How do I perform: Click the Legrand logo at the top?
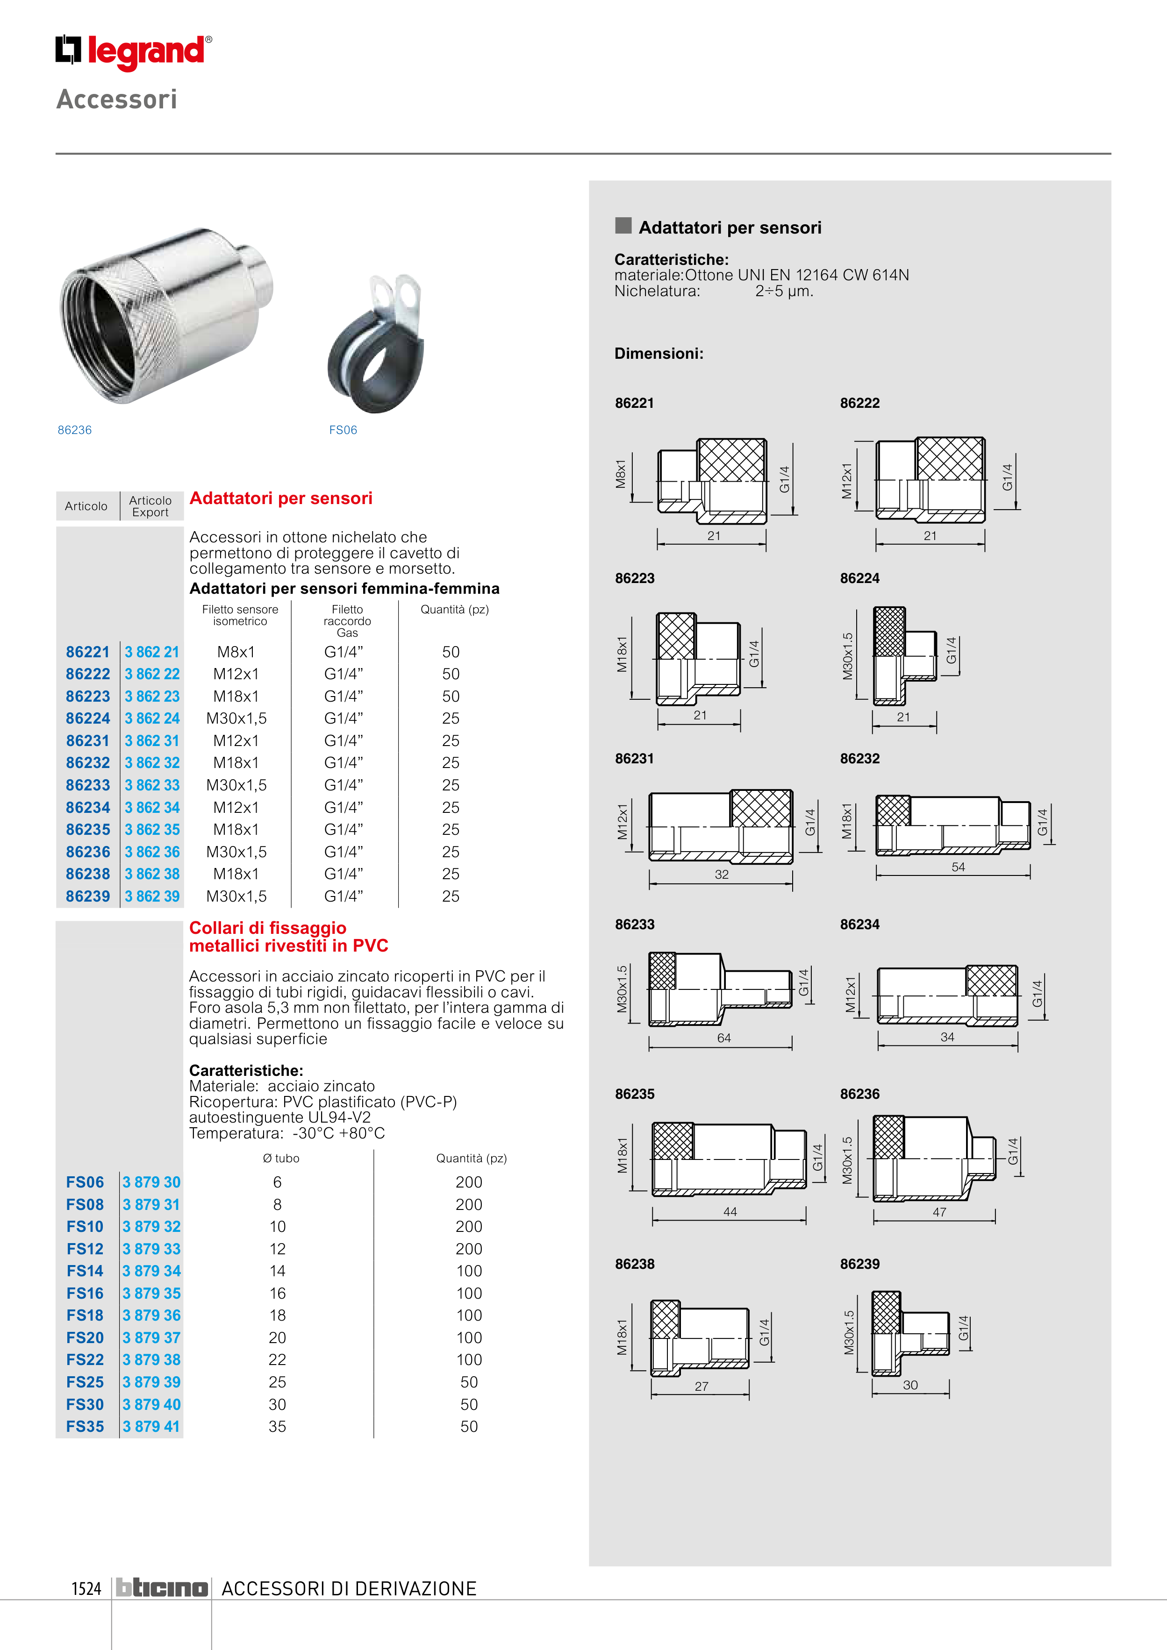click(134, 52)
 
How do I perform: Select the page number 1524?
click(86, 1588)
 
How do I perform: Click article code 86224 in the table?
click(88, 718)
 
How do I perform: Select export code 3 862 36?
click(152, 852)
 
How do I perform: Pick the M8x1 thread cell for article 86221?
click(236, 652)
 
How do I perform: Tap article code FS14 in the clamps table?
click(85, 1271)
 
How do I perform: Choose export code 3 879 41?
click(151, 1427)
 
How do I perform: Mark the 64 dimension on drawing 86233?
click(723, 1038)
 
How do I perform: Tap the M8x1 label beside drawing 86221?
click(621, 474)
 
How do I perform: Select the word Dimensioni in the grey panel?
click(659, 354)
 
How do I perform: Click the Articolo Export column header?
click(150, 506)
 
